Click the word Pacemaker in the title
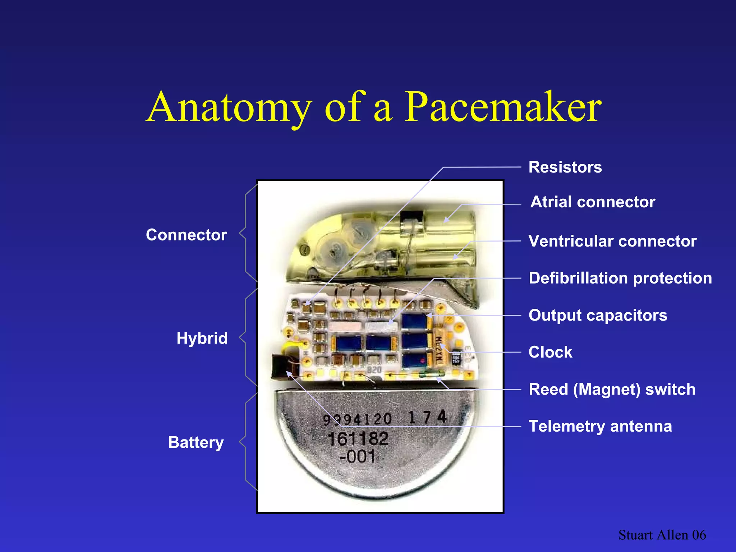503,107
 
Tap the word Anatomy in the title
229,107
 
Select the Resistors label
565,167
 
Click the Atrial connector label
593,202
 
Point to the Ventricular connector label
612,241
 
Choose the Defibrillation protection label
620,278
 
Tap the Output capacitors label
598,315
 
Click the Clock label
550,352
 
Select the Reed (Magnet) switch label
612,390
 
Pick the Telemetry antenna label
600,427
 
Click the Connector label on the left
186,235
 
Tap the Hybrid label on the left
202,339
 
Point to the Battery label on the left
196,442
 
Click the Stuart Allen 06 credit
662,535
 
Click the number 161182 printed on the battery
358,439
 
